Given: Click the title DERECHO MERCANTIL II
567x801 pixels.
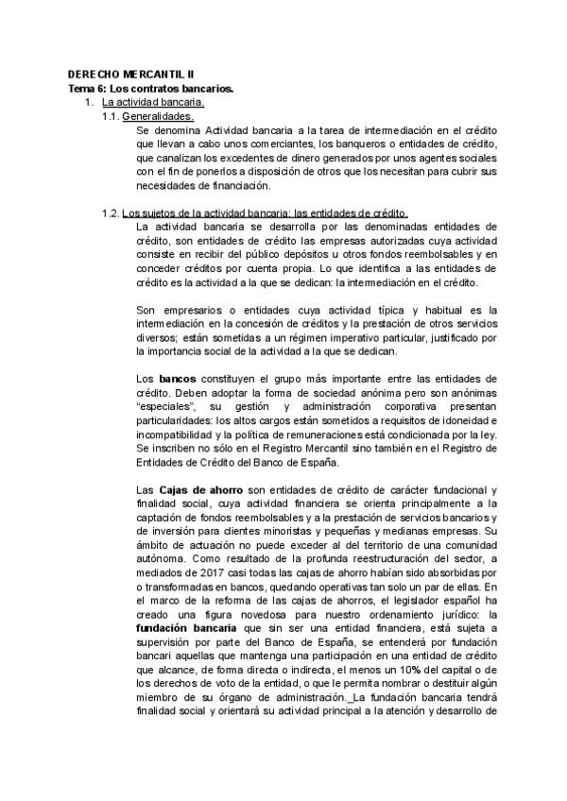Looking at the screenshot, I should click(x=125, y=74).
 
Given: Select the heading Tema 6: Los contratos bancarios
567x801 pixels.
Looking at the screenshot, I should click(x=151, y=88).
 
